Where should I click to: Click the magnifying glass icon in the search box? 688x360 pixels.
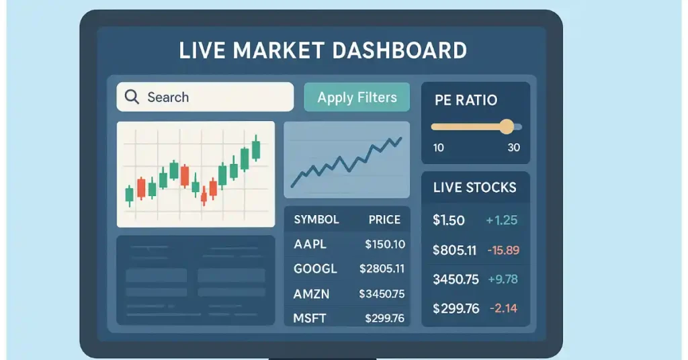click(x=132, y=97)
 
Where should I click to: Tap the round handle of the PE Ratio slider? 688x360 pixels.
click(x=507, y=127)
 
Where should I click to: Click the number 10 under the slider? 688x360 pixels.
click(x=438, y=148)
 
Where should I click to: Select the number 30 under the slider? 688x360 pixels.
click(x=514, y=148)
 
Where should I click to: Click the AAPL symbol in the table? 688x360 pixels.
click(x=310, y=244)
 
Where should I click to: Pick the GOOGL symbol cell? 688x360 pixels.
click(x=315, y=269)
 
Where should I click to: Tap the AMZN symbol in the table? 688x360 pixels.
click(x=311, y=294)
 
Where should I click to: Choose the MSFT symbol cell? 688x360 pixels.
click(x=309, y=318)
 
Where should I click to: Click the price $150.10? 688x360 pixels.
click(x=385, y=244)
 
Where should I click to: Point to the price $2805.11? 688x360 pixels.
click(x=382, y=269)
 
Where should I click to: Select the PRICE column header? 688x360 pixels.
click(x=384, y=219)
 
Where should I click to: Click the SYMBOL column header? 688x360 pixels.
click(x=316, y=219)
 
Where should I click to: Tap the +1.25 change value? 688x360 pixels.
click(x=501, y=220)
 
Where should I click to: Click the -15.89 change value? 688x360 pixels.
click(x=503, y=250)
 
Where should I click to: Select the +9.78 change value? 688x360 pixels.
click(x=503, y=279)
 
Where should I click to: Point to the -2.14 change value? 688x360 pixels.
click(x=503, y=308)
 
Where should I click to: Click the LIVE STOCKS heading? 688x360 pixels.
click(x=475, y=187)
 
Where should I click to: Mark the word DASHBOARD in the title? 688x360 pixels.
click(x=399, y=50)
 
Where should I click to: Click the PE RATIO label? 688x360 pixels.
click(x=466, y=100)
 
